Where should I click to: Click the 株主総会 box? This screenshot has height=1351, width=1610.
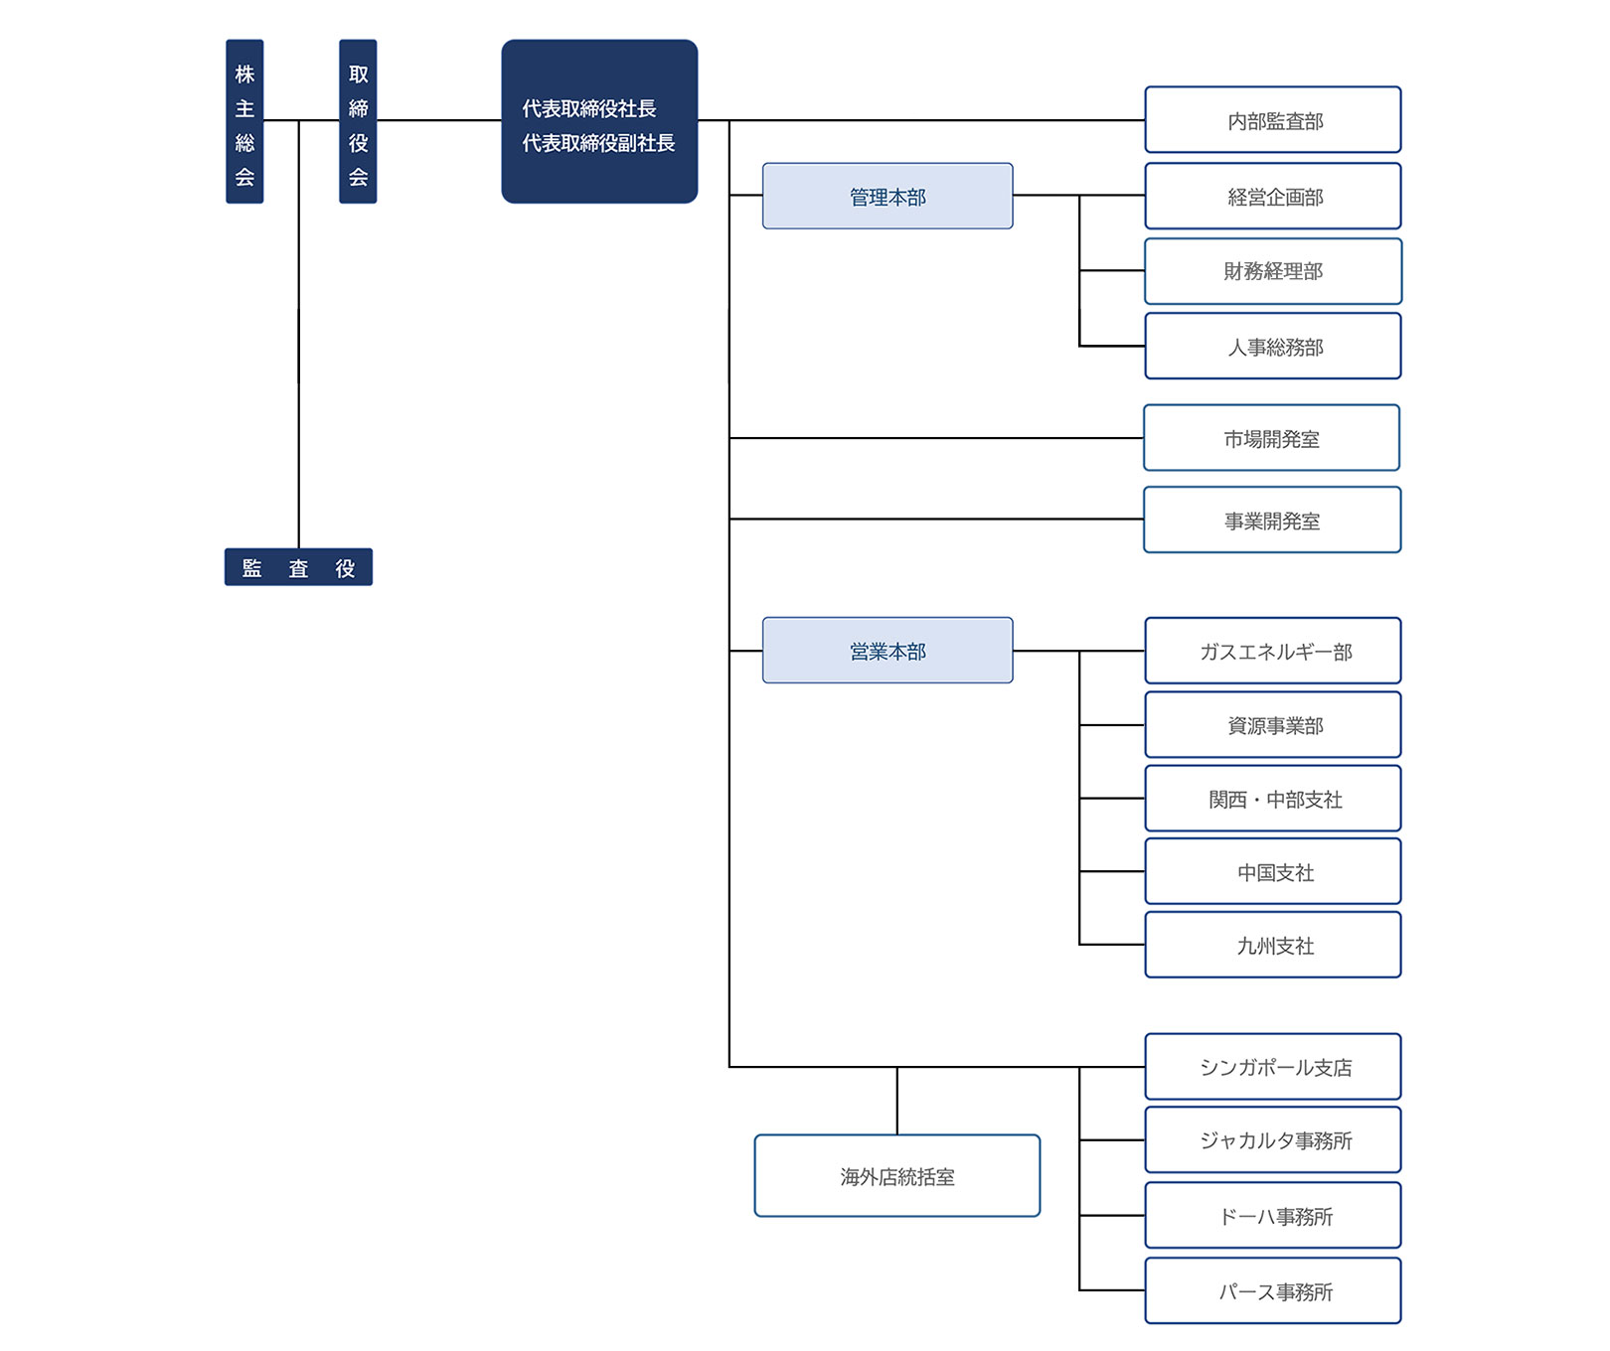(x=244, y=121)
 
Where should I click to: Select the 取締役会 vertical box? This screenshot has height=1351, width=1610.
(x=358, y=121)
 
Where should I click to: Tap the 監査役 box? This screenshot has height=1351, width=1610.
(x=298, y=567)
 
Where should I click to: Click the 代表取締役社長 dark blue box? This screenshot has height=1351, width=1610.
(x=599, y=121)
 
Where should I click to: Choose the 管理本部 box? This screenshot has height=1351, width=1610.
(x=887, y=196)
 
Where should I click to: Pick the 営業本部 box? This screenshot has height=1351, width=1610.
(x=887, y=651)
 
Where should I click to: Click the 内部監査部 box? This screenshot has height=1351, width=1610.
(x=1273, y=120)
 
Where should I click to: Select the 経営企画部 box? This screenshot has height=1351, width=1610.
(x=1273, y=196)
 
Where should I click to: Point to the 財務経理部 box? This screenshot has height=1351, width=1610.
(x=1273, y=271)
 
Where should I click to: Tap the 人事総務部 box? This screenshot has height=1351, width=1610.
(x=1273, y=347)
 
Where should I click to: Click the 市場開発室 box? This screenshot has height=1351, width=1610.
(x=1272, y=438)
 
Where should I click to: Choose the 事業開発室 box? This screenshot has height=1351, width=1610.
(x=1272, y=520)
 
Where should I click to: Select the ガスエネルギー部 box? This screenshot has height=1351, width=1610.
(x=1273, y=651)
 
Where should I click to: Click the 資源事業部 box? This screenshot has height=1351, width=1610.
(x=1273, y=725)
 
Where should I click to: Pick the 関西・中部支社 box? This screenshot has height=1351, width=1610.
(x=1273, y=799)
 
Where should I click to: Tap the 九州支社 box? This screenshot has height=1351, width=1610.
(x=1273, y=945)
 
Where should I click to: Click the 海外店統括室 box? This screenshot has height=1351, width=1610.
(x=897, y=1176)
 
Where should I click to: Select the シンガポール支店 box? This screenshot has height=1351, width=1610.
(x=1273, y=1067)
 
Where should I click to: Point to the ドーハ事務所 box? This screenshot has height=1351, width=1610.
(x=1273, y=1215)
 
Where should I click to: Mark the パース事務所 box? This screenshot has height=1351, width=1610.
(x=1273, y=1290)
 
